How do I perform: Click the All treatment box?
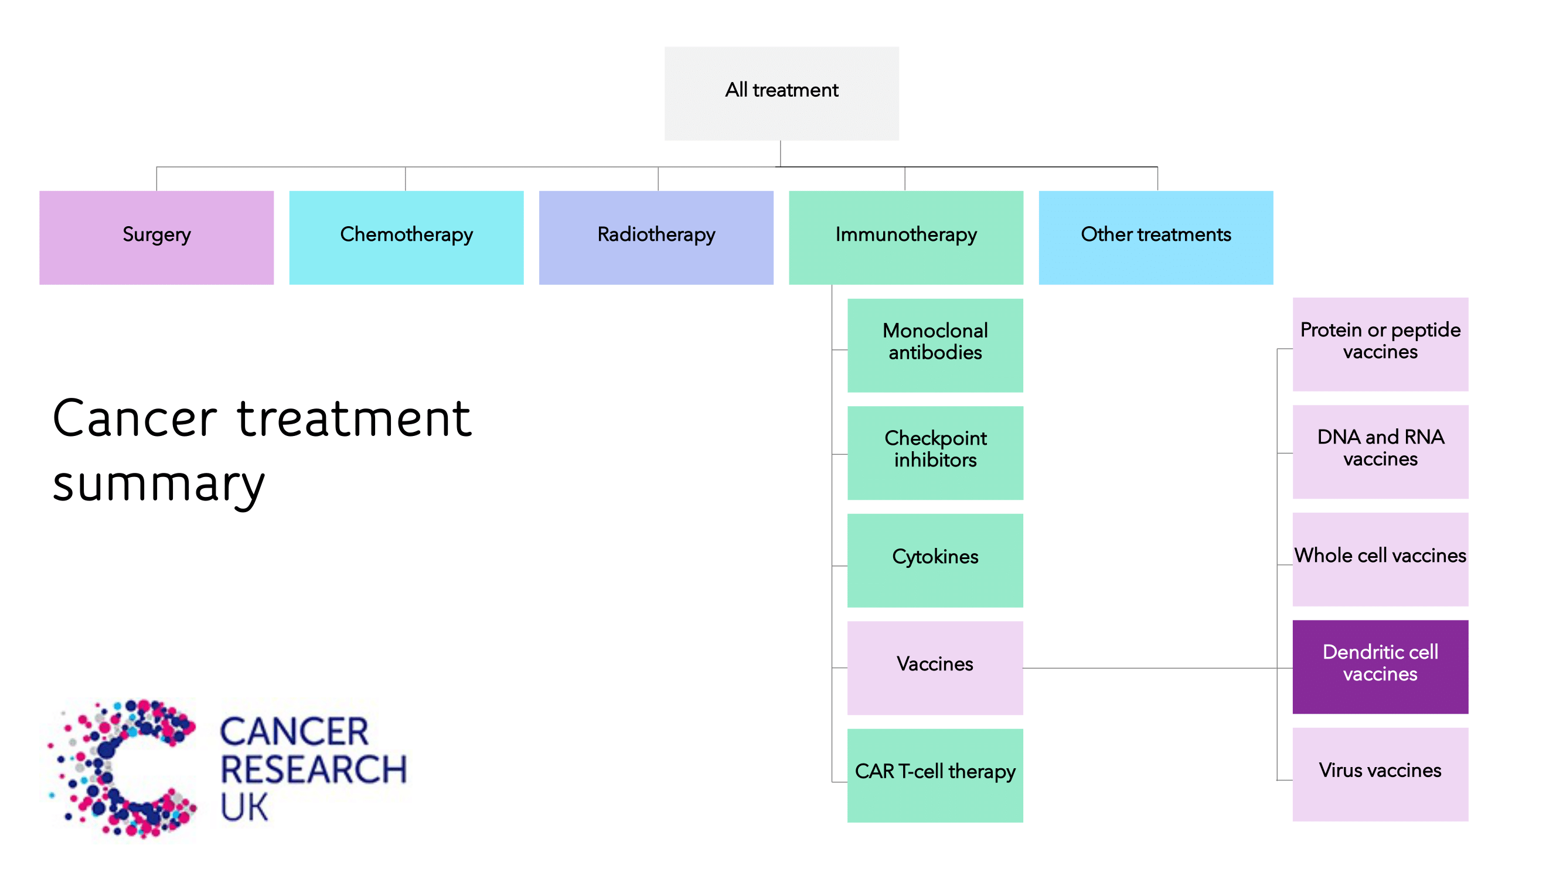(x=782, y=93)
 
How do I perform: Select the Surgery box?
(x=156, y=237)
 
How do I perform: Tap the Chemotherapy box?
(x=406, y=237)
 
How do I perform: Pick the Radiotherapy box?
(x=656, y=237)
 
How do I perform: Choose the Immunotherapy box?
(x=905, y=237)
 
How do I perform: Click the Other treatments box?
(x=1155, y=237)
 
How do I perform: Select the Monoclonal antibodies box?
(x=934, y=345)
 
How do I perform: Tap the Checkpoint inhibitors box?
(x=934, y=452)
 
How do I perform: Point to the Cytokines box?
(x=934, y=560)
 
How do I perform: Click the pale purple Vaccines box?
(x=934, y=667)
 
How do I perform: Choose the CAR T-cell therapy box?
(x=934, y=775)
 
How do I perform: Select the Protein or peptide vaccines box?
(x=1380, y=344)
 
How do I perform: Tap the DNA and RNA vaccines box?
(x=1380, y=451)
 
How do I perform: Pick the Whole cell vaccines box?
(x=1380, y=558)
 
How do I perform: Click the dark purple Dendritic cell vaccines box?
(x=1380, y=666)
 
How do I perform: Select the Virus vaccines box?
(x=1380, y=774)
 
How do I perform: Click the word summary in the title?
(x=159, y=485)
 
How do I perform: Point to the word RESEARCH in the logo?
(x=313, y=769)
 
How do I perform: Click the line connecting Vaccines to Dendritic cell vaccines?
(x=1153, y=668)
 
